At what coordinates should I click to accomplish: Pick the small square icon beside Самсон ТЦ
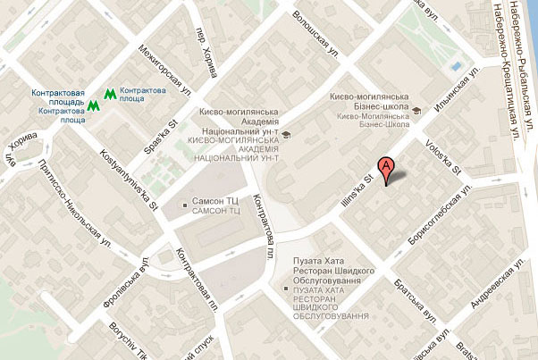coord(185,205)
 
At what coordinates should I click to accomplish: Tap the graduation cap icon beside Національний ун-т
coord(286,135)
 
